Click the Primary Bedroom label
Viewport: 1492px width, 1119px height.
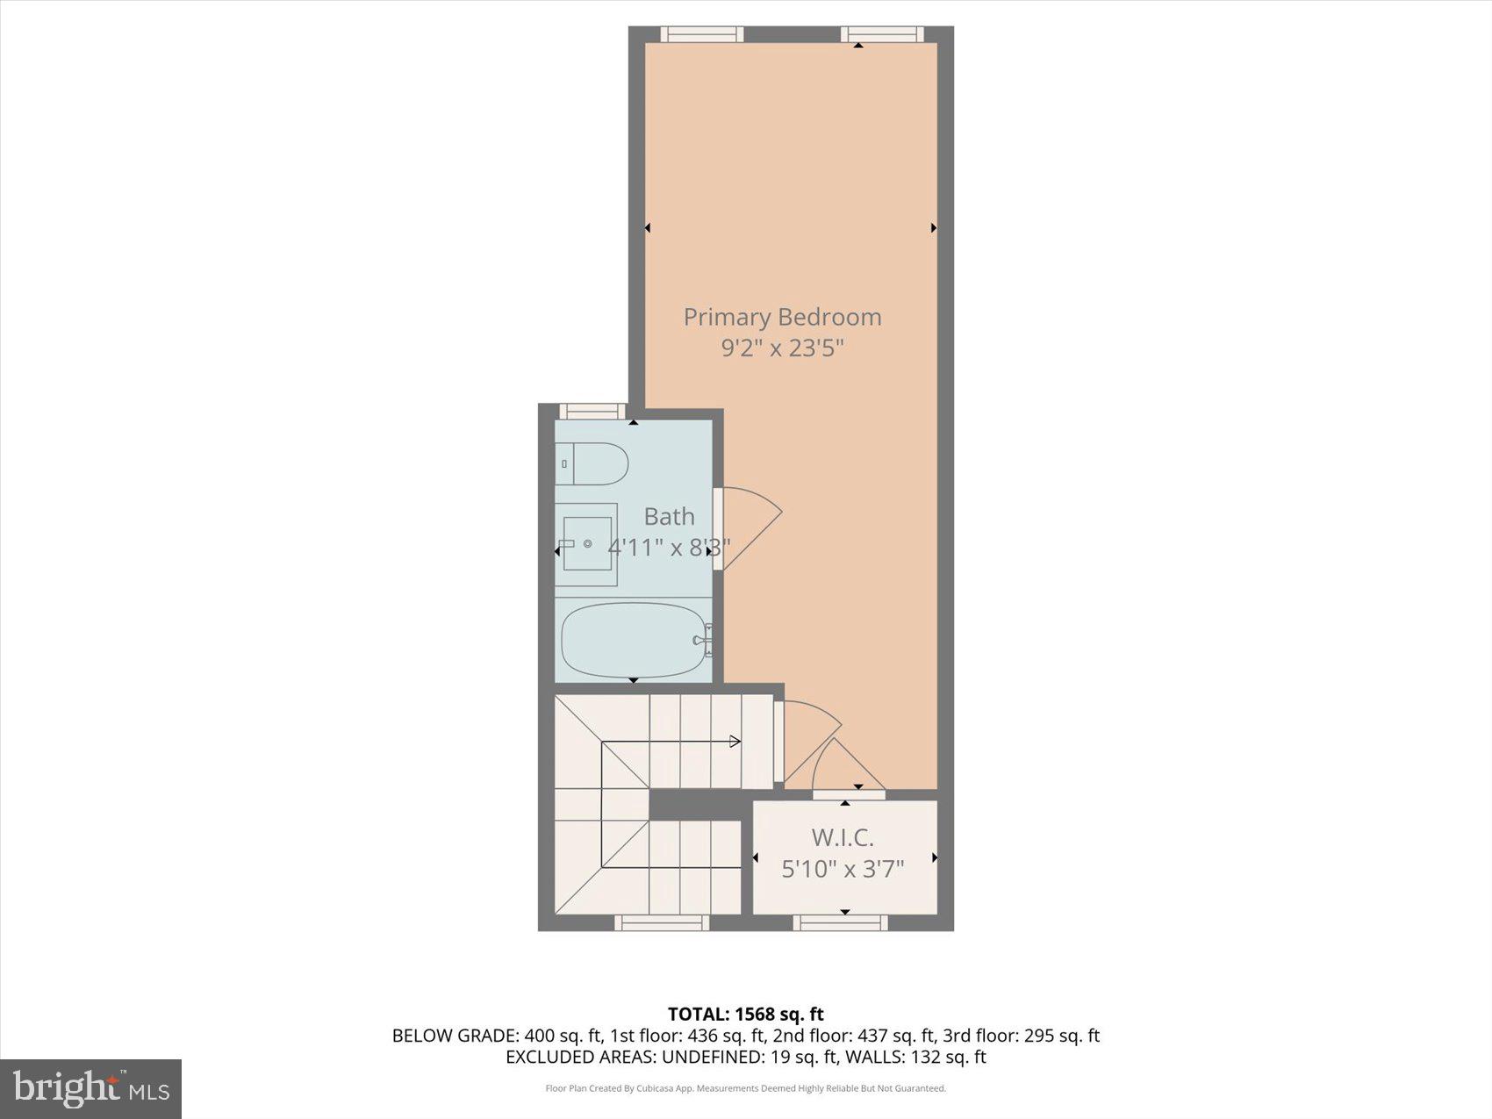coord(782,317)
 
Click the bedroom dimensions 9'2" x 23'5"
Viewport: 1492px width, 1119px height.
coord(782,348)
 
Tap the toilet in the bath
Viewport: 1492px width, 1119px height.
coord(592,464)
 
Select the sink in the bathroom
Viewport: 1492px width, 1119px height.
coord(587,544)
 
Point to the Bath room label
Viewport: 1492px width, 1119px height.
coord(669,516)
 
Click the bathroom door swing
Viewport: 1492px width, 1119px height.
coord(749,527)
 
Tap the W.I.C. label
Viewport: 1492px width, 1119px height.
coord(842,837)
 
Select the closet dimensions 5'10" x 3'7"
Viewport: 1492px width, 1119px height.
coord(843,869)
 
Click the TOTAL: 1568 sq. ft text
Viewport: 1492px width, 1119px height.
coord(745,1015)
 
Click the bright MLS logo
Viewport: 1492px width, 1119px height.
coord(91,1089)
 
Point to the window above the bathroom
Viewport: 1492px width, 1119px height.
coord(592,411)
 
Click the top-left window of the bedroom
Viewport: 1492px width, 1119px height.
coord(701,34)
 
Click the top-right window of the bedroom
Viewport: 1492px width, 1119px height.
coord(881,34)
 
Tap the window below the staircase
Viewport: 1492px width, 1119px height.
coord(661,922)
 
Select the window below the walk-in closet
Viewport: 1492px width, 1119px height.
coord(840,922)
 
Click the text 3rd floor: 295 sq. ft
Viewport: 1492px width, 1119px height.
coord(1021,1036)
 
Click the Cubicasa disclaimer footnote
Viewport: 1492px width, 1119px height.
coord(745,1088)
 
